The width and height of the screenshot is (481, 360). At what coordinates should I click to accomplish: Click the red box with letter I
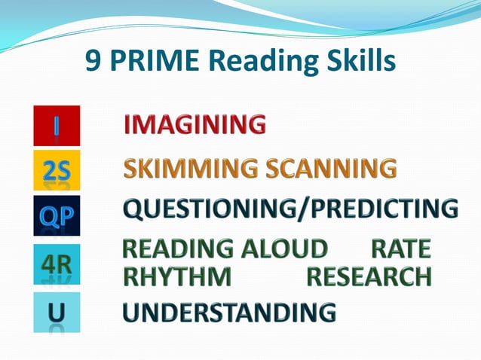pos(57,126)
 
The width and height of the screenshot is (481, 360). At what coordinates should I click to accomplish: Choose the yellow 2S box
pos(57,171)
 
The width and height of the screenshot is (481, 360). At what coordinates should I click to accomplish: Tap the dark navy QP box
pos(57,215)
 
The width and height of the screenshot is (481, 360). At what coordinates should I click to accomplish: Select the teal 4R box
pos(57,264)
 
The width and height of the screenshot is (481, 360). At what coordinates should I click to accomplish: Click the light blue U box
pos(57,311)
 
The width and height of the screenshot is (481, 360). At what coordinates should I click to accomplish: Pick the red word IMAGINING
pos(195,124)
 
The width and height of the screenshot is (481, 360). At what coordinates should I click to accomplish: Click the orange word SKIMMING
pos(180,169)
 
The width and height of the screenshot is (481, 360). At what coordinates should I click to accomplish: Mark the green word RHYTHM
pos(177,276)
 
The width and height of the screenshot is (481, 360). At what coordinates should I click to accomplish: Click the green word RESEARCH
pos(369,276)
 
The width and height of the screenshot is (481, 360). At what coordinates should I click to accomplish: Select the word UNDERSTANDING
pos(229,311)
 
